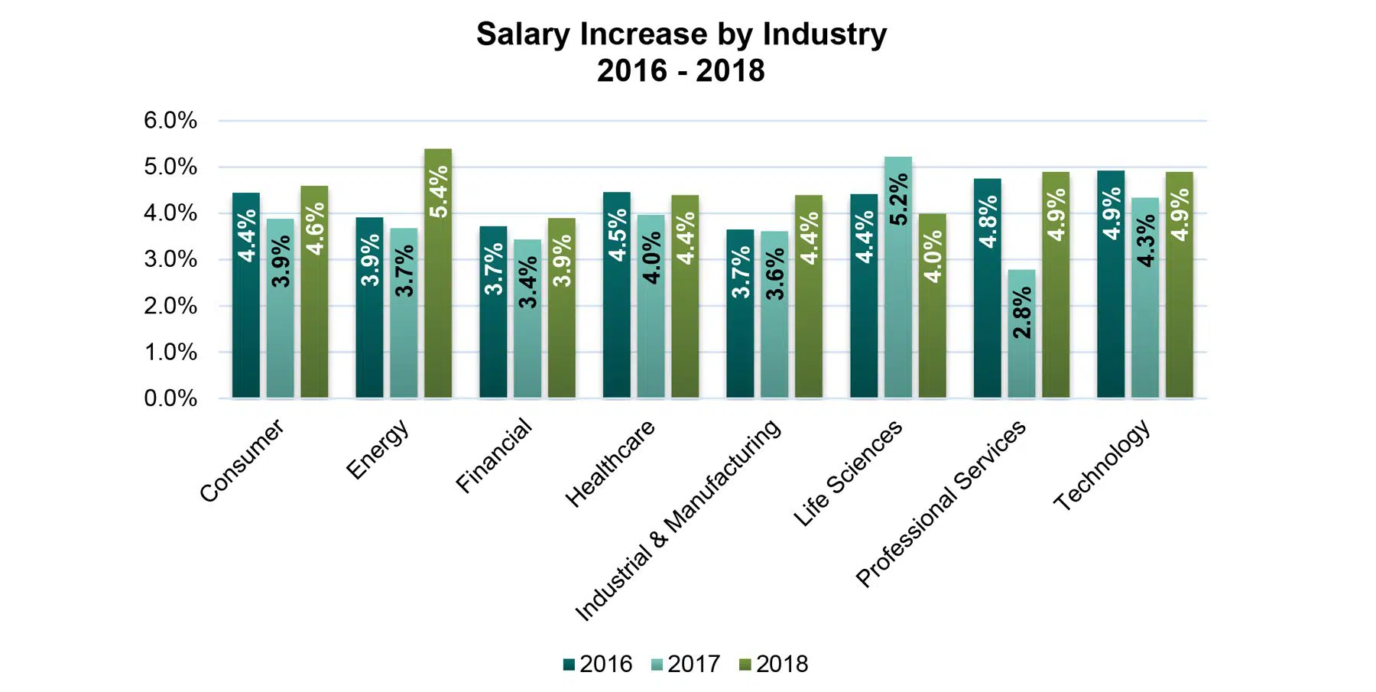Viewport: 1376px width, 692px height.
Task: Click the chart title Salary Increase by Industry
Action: click(681, 35)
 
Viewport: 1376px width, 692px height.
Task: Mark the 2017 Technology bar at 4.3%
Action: click(1145, 298)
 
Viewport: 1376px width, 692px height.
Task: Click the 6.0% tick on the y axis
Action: click(170, 121)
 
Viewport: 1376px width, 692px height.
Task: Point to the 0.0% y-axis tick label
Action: click(170, 398)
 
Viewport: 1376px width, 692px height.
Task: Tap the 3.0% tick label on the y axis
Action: click(170, 259)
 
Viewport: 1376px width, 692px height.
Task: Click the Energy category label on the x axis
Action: click(378, 450)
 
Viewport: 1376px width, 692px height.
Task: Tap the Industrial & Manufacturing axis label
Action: click(678, 519)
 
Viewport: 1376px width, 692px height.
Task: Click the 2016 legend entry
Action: click(598, 664)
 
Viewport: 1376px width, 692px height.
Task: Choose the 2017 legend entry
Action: click(686, 664)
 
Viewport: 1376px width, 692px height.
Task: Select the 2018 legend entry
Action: click(774, 664)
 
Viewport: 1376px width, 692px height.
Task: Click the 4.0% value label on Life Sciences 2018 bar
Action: click(933, 256)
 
